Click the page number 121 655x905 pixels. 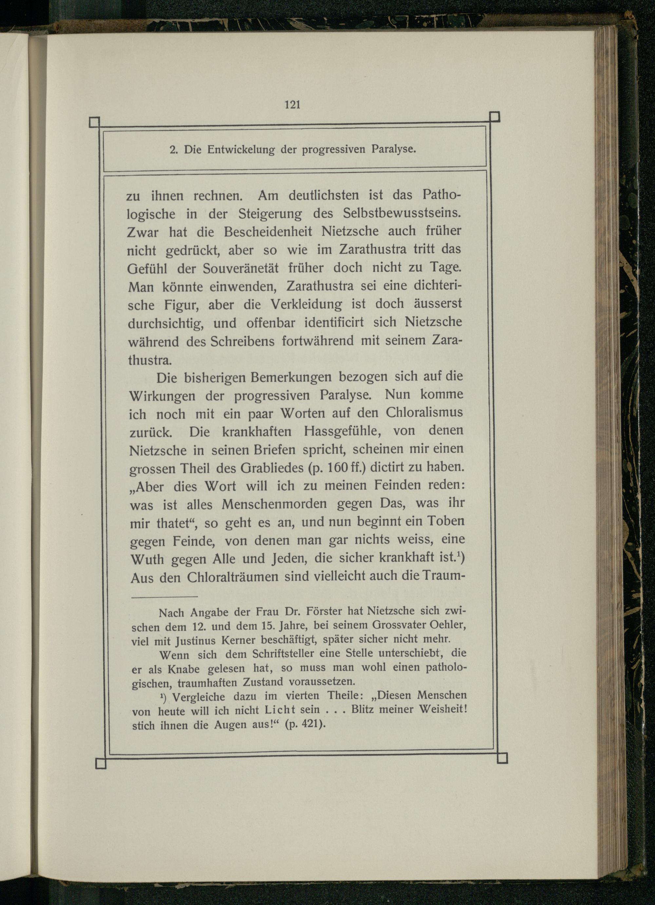click(x=292, y=105)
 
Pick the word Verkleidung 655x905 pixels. click(x=306, y=305)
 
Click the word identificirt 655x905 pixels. click(x=334, y=322)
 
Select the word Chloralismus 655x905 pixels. click(x=424, y=412)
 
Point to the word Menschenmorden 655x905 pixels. click(x=274, y=504)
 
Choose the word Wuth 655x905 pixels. click(x=147, y=559)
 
